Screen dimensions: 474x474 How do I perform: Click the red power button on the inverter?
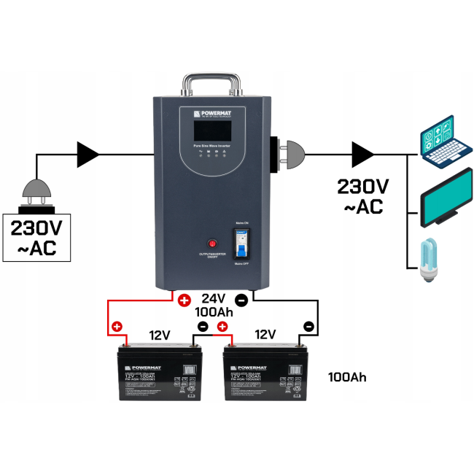pos(213,243)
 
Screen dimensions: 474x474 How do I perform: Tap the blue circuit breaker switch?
pos(243,242)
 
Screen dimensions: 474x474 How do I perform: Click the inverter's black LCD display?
pos(211,132)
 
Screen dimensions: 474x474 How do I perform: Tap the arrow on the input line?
pos(88,154)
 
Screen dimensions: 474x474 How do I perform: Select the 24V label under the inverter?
pos(213,298)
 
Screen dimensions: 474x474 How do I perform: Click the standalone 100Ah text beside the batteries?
pos(347,377)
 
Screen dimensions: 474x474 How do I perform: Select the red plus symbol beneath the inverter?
pos(184,300)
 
